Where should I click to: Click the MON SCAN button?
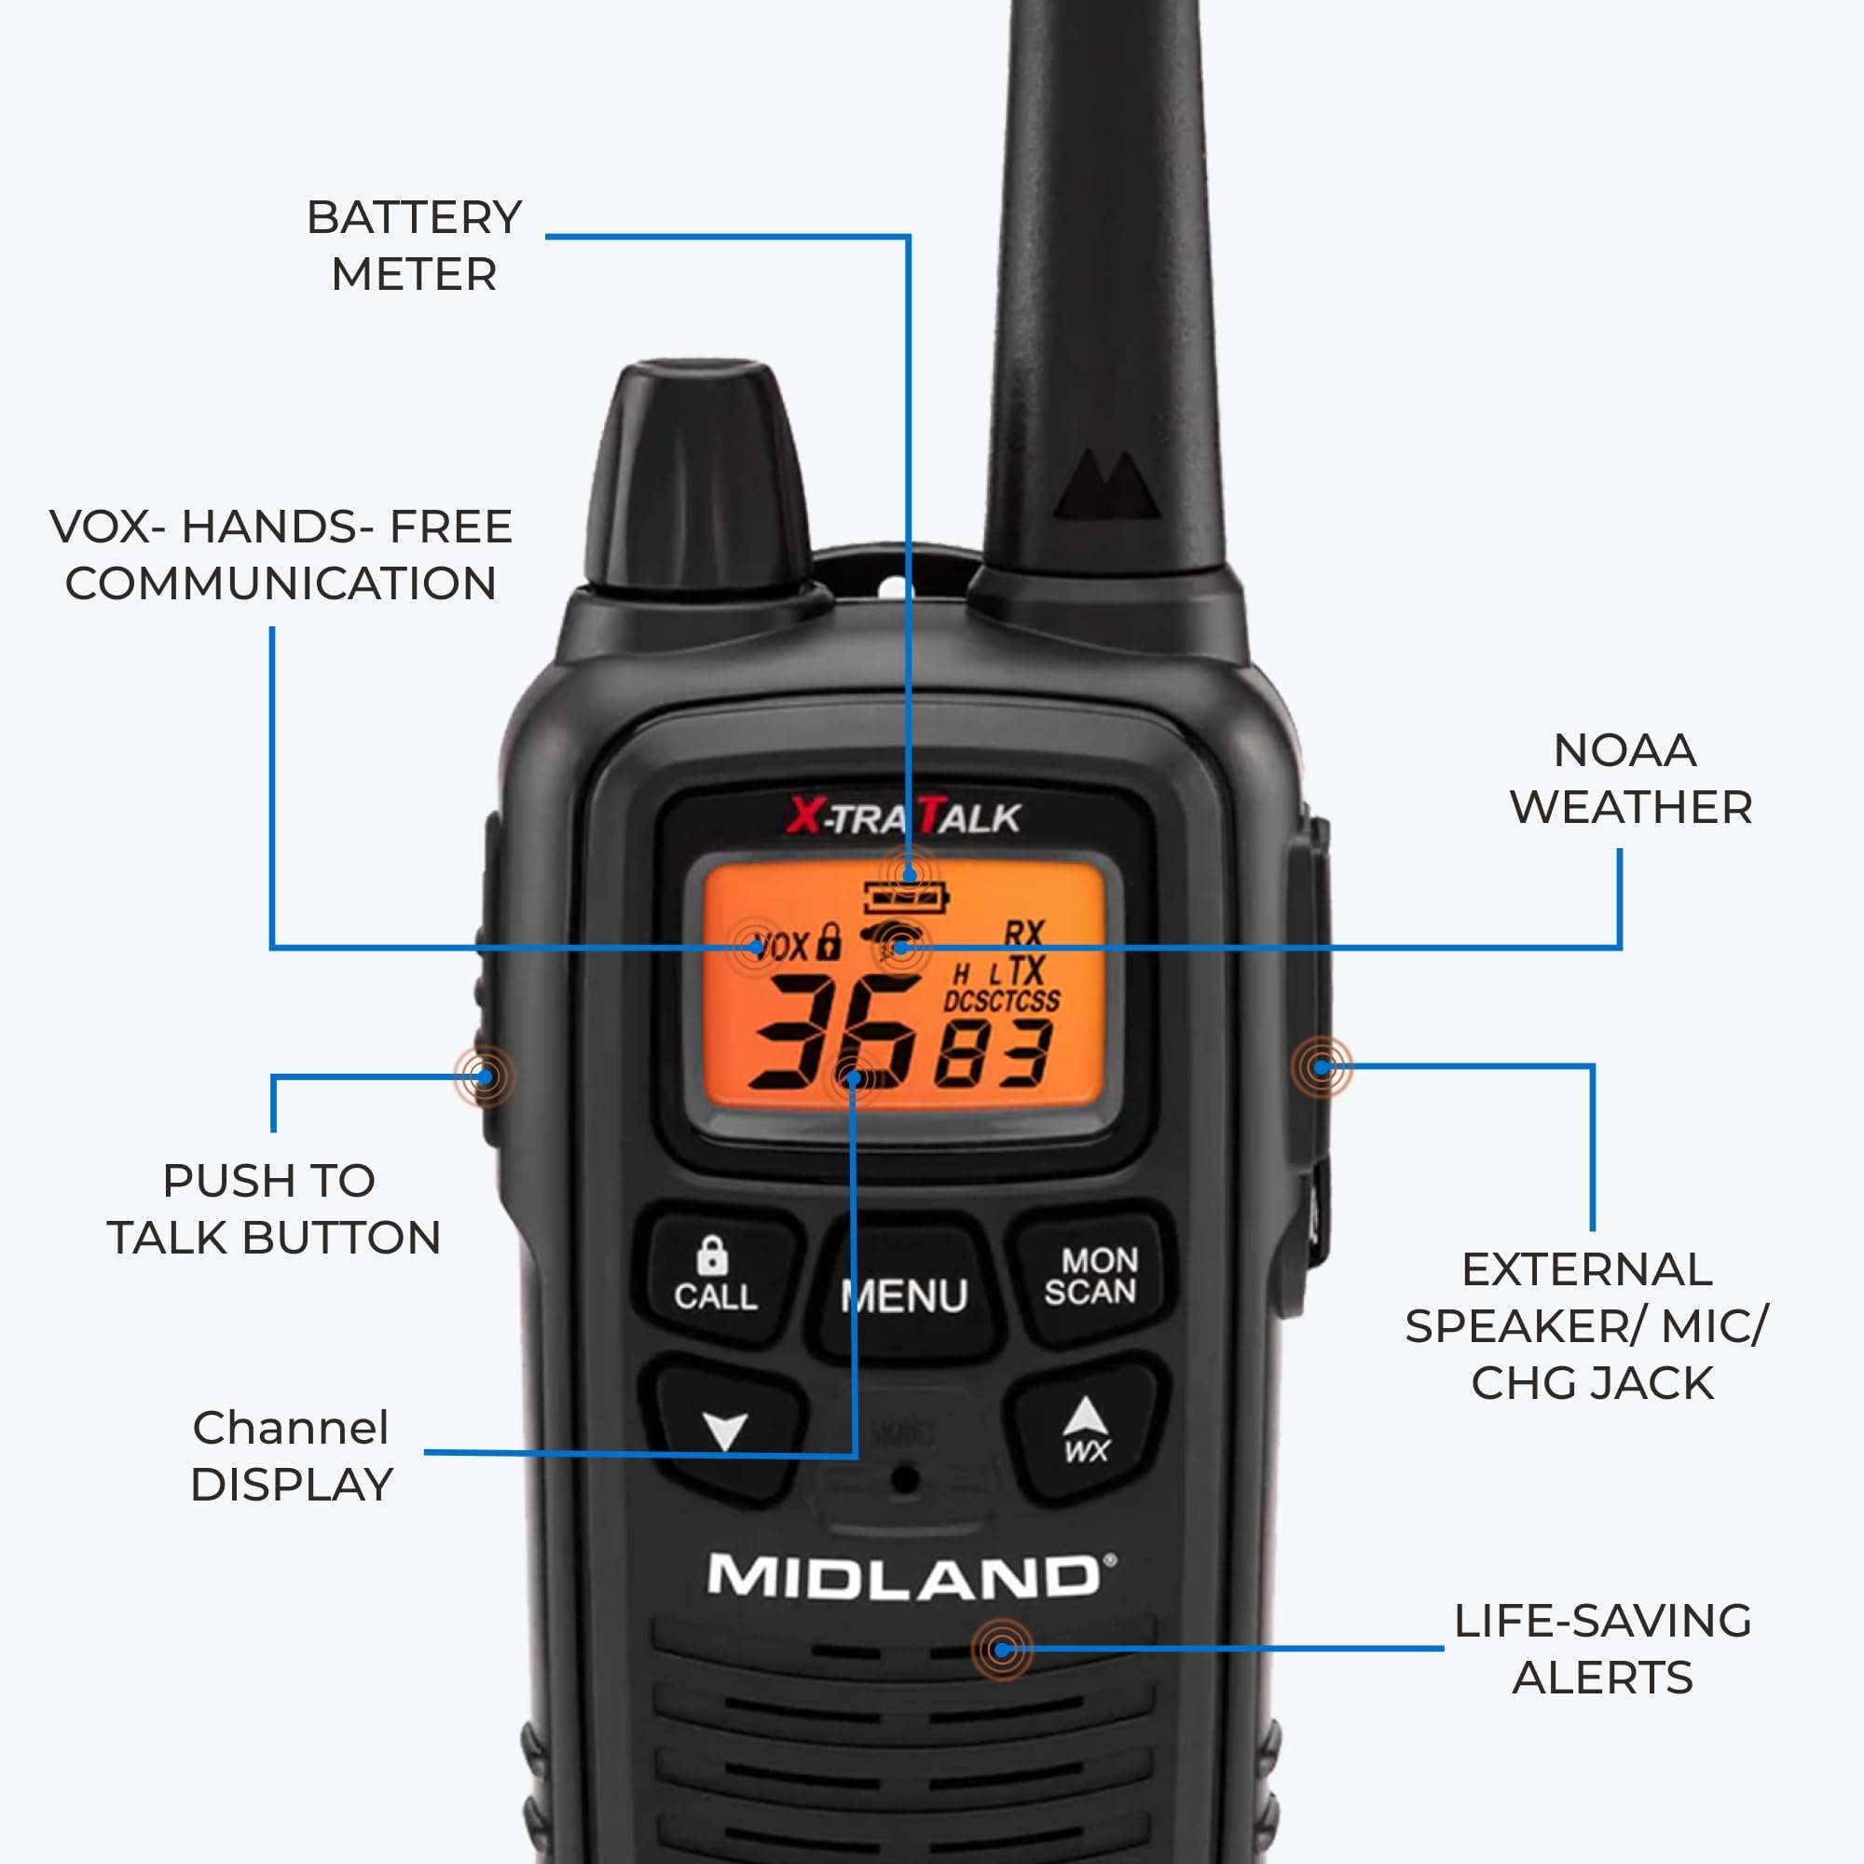coord(1091,1276)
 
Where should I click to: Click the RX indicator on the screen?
coord(1023,933)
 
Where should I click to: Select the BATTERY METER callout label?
coord(414,246)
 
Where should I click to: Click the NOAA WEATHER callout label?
coord(1629,778)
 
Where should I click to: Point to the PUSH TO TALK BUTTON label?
coord(273,1209)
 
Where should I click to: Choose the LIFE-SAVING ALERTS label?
coord(1602,1649)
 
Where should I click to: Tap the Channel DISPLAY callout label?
coord(292,1456)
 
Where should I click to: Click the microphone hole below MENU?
coord(904,1478)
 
